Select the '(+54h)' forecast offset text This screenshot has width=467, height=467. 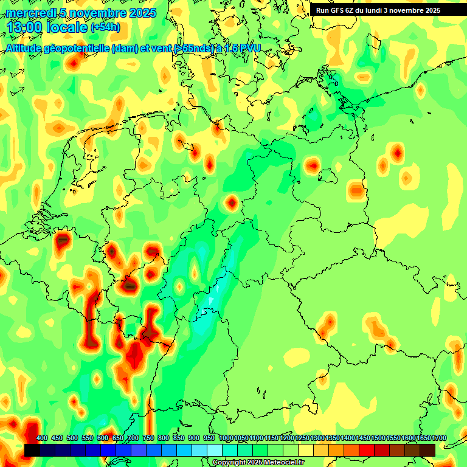tap(105, 27)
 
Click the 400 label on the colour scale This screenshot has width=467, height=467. tap(42, 438)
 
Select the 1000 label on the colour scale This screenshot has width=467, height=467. tap(226, 438)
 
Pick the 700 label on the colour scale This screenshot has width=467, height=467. tap(133, 438)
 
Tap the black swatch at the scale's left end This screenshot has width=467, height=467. tap(32, 450)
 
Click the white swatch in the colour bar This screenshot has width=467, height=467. tap(215, 450)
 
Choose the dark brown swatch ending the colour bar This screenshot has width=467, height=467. tap(427, 450)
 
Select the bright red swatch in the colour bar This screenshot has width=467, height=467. tap(367, 450)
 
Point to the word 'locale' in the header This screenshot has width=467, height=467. tap(66, 27)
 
